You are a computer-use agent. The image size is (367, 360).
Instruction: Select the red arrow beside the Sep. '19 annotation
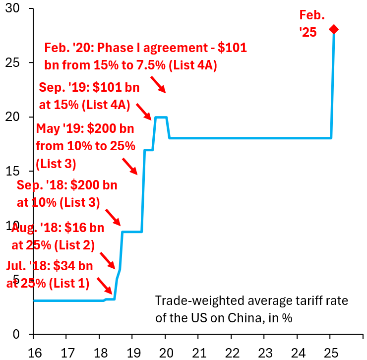click(144, 112)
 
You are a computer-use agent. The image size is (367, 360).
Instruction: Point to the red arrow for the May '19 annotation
click(129, 166)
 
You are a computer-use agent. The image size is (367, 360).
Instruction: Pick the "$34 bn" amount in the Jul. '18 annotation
click(75, 266)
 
